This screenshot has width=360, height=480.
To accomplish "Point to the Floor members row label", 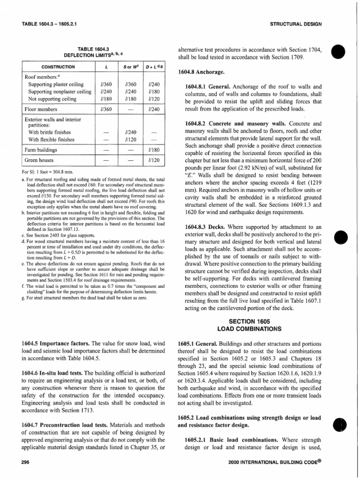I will [40, 109].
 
